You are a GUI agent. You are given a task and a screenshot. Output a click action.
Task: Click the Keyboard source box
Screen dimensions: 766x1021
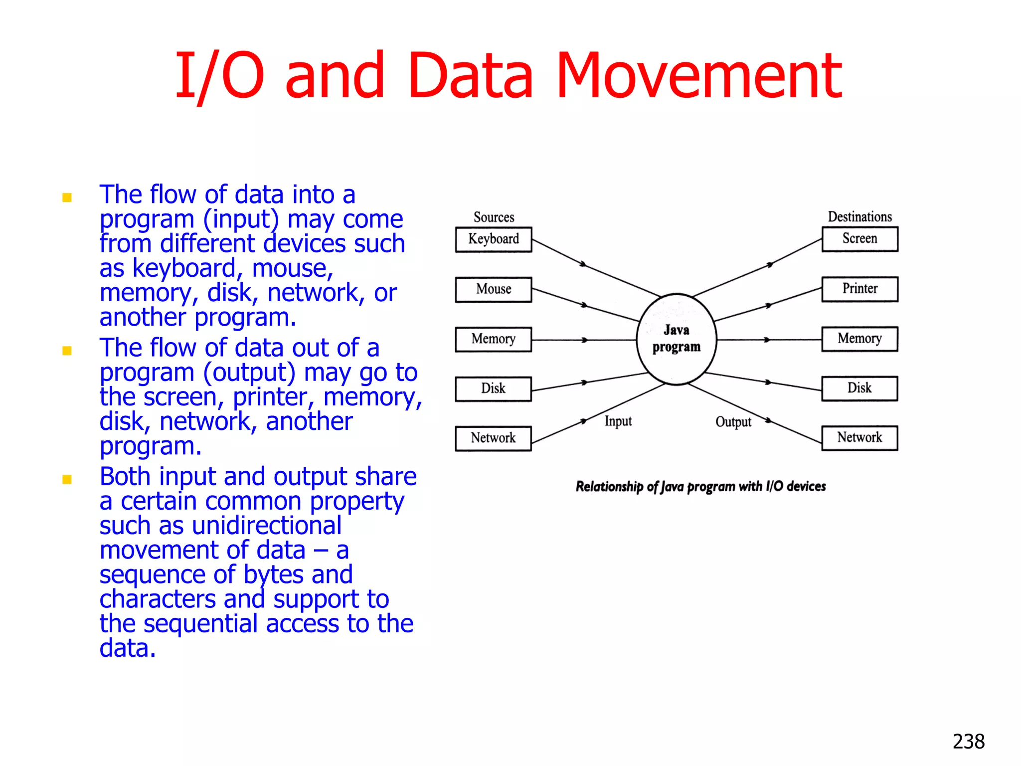point(494,240)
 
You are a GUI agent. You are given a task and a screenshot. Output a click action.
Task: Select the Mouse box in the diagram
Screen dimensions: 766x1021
point(494,290)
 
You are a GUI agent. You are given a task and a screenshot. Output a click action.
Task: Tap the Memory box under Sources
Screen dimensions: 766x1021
point(494,340)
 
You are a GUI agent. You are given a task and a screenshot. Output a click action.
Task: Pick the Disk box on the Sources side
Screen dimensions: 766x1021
point(494,389)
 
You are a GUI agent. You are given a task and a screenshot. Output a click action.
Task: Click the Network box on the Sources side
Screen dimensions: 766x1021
point(494,438)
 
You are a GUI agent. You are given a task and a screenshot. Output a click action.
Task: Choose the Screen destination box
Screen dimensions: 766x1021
point(860,239)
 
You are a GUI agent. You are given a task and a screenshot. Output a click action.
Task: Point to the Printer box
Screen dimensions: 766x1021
point(860,289)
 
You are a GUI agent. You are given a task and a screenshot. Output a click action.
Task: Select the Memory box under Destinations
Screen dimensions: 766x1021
point(860,339)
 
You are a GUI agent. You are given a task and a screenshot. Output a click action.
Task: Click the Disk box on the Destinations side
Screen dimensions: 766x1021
point(860,388)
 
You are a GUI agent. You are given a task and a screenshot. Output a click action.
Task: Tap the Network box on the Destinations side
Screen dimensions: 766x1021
point(860,438)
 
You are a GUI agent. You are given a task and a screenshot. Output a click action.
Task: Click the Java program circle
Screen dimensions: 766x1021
point(677,339)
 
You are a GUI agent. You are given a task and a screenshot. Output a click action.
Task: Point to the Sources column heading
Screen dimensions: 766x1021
point(494,217)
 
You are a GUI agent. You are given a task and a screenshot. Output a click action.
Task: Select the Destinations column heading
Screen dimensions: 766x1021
point(860,217)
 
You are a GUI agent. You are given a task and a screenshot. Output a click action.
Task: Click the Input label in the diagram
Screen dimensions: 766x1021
point(618,421)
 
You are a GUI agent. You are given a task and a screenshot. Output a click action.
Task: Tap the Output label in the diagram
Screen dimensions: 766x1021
point(733,422)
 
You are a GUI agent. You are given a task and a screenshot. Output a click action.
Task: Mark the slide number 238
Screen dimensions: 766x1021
point(969,742)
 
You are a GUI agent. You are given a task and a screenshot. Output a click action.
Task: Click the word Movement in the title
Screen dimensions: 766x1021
point(699,76)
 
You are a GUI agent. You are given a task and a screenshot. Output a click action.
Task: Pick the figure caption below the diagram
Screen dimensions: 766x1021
point(700,486)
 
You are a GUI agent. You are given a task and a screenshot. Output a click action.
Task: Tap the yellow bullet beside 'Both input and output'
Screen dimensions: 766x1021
point(67,480)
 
